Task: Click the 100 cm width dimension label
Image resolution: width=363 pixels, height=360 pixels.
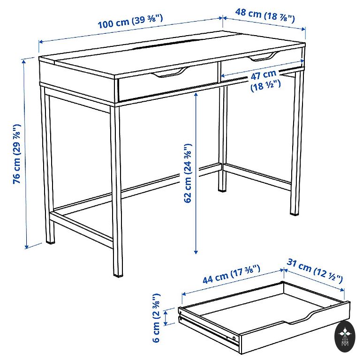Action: (130, 22)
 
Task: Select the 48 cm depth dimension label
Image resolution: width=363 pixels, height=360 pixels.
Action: (265, 15)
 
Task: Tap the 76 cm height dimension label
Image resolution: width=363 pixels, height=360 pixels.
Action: (17, 154)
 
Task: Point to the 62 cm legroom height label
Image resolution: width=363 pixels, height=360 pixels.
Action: (188, 173)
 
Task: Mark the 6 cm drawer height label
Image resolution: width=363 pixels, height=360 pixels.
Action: (156, 318)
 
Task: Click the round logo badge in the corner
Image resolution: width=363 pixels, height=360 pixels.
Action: (345, 337)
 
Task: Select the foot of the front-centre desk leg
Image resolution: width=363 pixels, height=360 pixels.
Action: (118, 274)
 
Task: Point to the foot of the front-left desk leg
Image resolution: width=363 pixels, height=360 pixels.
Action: (51, 241)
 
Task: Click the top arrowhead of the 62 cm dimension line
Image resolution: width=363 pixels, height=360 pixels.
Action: (196, 95)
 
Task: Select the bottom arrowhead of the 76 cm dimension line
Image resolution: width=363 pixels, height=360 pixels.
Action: (27, 247)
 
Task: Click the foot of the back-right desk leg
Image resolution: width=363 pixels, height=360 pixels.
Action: (295, 213)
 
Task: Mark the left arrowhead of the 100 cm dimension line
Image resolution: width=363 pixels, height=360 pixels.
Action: (41, 42)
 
